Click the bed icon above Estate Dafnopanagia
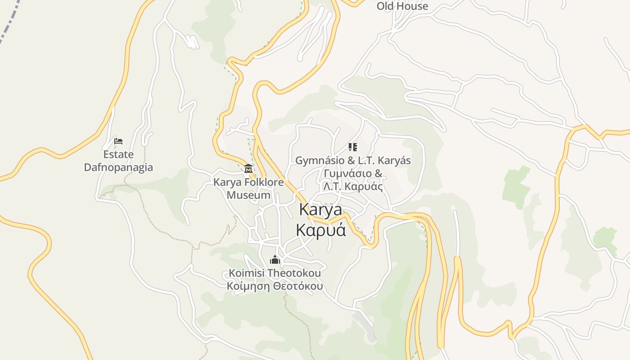click(118, 141)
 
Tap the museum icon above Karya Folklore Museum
click(248, 169)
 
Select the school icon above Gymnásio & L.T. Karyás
click(353, 147)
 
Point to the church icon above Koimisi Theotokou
click(274, 260)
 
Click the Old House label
click(402, 6)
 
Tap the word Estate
click(118, 154)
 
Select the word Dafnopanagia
click(118, 167)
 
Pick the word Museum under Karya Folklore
click(248, 195)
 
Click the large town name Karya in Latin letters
click(320, 210)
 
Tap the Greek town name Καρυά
click(320, 229)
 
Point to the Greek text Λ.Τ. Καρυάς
click(353, 186)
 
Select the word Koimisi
click(247, 273)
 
